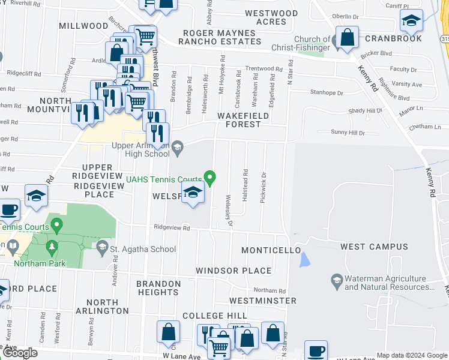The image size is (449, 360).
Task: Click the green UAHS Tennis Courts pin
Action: click(210, 178)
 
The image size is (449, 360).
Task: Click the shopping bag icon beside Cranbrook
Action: click(347, 38)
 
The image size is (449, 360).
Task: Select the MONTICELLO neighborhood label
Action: click(270, 250)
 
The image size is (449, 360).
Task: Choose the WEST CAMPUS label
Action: click(374, 247)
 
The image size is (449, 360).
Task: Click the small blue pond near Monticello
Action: click(304, 260)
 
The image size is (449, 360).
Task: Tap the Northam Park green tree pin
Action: click(52, 247)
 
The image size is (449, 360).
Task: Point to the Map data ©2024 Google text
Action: click(412, 355)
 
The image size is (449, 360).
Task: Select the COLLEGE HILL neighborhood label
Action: click(214, 316)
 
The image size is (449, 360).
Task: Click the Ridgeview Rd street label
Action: click(172, 227)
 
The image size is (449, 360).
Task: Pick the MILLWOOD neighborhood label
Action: click(83, 26)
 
